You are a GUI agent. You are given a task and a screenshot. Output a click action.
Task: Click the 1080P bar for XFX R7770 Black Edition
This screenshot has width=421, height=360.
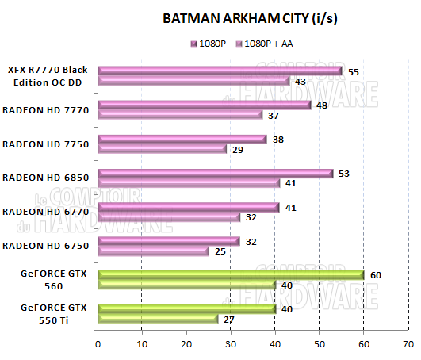[x=220, y=71]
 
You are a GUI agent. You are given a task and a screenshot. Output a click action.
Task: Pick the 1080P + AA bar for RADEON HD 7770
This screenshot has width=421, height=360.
[x=180, y=115]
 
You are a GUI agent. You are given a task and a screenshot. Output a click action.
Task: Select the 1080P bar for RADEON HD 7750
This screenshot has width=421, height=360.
[x=182, y=140]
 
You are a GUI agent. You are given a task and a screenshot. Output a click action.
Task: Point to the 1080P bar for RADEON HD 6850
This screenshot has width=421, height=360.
[x=216, y=174]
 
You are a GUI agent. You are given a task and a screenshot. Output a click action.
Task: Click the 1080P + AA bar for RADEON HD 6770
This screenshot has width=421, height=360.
[x=169, y=216]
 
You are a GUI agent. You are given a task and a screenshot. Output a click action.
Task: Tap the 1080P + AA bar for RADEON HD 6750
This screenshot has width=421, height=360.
[x=153, y=251]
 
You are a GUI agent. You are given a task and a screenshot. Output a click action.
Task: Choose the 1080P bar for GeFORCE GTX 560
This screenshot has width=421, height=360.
[x=231, y=275]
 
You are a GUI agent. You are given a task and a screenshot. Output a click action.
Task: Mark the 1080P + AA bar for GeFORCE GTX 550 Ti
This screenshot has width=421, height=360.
[x=158, y=319]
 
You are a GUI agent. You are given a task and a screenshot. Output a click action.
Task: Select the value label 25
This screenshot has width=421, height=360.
[x=219, y=251]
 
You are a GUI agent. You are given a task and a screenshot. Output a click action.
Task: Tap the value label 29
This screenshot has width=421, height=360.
[x=236, y=149]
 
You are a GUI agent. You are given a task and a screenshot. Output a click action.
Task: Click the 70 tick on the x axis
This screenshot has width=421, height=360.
[x=408, y=345]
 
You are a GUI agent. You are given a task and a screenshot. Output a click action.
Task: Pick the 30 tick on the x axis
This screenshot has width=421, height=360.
[x=231, y=345]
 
